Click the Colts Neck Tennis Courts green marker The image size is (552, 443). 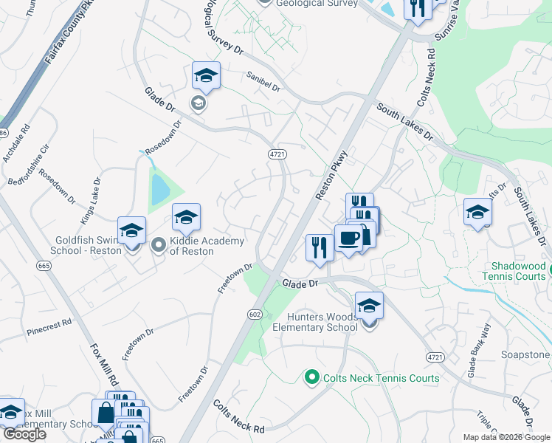pyautogui.click(x=311, y=378)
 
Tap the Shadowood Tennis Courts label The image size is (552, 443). pyautogui.click(x=520, y=271)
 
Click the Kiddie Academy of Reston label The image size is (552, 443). pyautogui.click(x=191, y=246)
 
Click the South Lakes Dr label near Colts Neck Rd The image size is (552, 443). pyautogui.click(x=404, y=122)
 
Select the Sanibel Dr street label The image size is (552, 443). pyautogui.click(x=264, y=86)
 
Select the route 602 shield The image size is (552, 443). pyautogui.click(x=255, y=315)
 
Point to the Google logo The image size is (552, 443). pyautogui.click(x=24, y=434)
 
